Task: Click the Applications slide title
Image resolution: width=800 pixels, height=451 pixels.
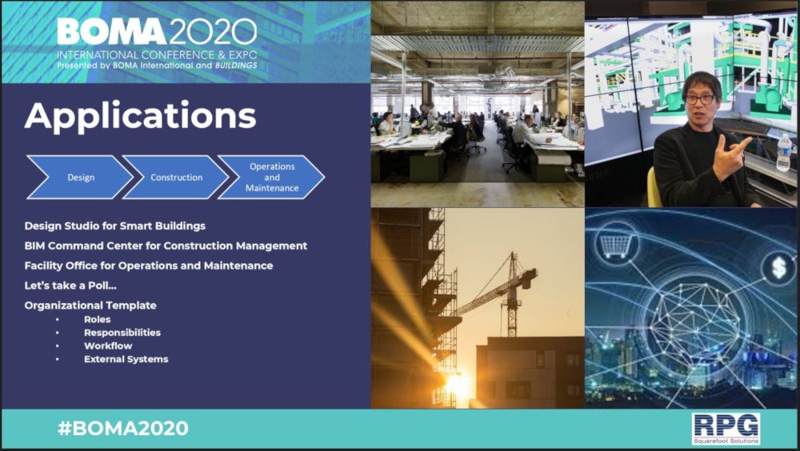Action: point(140,117)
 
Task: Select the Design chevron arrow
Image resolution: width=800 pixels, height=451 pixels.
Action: point(80,177)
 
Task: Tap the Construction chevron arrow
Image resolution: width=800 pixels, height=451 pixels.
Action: point(176,177)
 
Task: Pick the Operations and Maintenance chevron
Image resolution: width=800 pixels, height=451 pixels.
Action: point(271,177)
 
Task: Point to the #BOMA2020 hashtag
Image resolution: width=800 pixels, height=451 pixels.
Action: point(123,428)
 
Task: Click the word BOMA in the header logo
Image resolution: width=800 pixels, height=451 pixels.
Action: point(111,32)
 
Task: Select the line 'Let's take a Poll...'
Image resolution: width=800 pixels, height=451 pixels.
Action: point(70,285)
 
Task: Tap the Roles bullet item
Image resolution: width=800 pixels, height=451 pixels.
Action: point(98,319)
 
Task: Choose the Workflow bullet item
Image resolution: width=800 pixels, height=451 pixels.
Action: point(108,346)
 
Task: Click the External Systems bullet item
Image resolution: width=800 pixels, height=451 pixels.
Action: point(126,359)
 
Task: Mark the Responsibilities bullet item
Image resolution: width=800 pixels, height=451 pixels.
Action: point(122,333)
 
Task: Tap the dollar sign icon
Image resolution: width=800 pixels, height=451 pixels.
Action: point(778,268)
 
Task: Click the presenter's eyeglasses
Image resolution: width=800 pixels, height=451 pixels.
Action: point(699,99)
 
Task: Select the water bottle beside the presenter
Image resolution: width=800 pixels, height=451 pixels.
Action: point(783,153)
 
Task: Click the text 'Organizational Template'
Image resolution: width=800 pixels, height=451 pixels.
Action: point(90,305)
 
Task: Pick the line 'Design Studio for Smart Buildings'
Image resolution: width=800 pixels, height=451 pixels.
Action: point(114,226)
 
